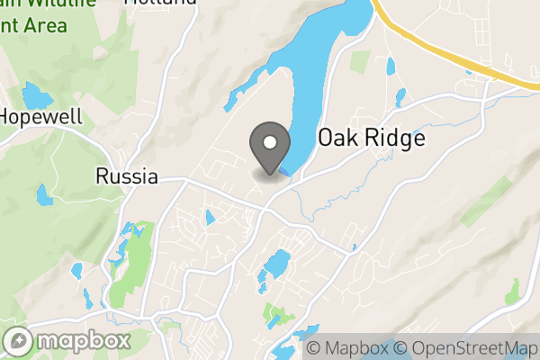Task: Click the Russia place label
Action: [127, 176]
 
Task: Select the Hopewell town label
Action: [41, 116]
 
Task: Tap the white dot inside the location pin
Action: [268, 140]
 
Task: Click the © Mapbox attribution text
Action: [350, 348]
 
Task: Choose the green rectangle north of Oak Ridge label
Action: [360, 62]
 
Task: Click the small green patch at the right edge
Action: [512, 292]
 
